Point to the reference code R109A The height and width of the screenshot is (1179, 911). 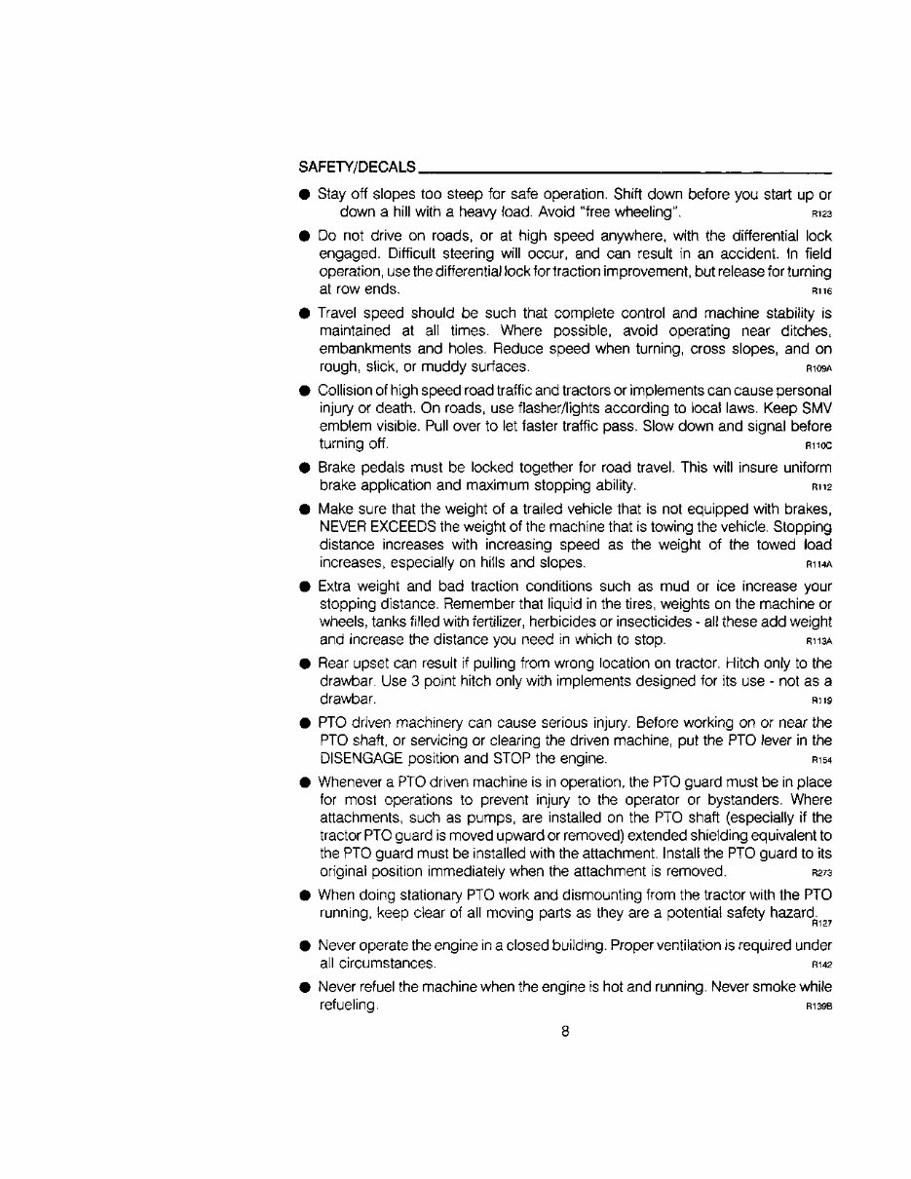pyautogui.click(x=818, y=369)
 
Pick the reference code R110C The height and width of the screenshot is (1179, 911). pyautogui.click(x=818, y=447)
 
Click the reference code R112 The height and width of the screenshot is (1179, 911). pyautogui.click(x=820, y=487)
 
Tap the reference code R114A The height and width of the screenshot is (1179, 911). pyautogui.click(x=818, y=565)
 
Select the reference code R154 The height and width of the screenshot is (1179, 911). pyautogui.click(x=820, y=761)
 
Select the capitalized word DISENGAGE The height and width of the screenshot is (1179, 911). pyautogui.click(x=362, y=759)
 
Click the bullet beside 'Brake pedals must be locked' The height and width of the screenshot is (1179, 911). pyautogui.click(x=305, y=468)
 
